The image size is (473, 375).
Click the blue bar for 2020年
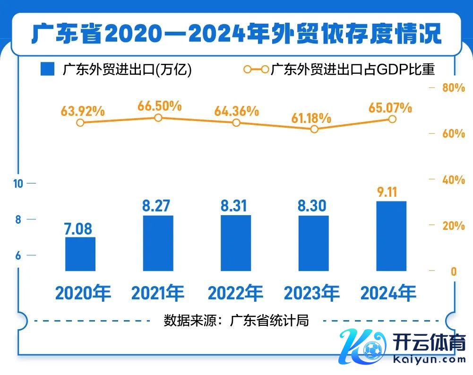80,254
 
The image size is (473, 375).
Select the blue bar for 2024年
391,236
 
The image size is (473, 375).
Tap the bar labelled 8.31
236,243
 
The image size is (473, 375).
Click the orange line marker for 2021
159,118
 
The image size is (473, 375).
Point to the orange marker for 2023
315,129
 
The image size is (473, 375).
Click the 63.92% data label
82,111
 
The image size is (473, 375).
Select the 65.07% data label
390,107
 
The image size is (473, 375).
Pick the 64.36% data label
236,111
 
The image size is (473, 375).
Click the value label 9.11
391,192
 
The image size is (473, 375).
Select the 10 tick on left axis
18,183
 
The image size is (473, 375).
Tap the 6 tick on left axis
18,256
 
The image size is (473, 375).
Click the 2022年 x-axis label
235,293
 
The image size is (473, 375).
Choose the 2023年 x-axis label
312,293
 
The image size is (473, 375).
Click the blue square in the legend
48,70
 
